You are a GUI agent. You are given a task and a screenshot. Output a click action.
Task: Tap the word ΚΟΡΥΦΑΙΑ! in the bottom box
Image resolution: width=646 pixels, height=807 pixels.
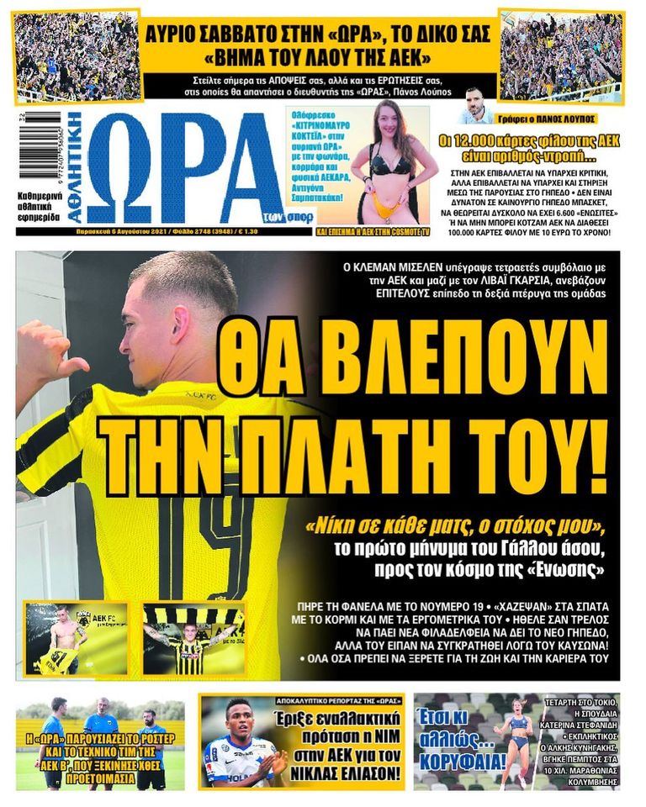pos(460,763)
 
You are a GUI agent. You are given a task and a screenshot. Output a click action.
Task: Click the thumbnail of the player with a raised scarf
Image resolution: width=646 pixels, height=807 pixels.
pos(194,638)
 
